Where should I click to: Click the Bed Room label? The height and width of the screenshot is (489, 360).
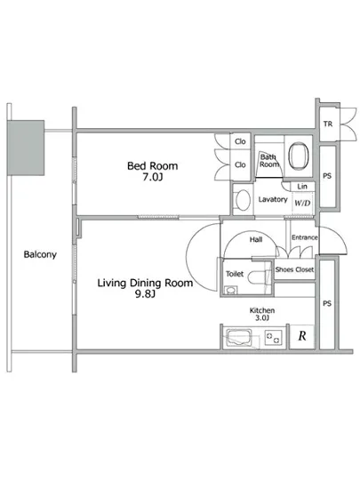152,165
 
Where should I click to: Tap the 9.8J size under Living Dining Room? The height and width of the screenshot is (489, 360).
145,293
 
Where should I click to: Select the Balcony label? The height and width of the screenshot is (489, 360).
40,254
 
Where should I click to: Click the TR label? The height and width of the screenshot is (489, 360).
328,124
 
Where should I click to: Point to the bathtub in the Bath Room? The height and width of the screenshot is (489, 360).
299,156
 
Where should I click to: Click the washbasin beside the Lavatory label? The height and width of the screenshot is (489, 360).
243,199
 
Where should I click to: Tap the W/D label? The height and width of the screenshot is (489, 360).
302,204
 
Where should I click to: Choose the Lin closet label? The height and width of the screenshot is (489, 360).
302,187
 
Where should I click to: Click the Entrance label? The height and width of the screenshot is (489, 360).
305,237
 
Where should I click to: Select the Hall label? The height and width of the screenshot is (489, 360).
256,239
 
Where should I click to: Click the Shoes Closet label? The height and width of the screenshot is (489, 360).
294,269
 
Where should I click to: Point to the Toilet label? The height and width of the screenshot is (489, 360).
235,274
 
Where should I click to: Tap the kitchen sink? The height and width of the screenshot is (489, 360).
239,338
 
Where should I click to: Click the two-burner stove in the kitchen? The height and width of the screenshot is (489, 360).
274,338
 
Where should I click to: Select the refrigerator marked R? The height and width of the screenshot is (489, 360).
301,336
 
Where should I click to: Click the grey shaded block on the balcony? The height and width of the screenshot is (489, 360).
26,148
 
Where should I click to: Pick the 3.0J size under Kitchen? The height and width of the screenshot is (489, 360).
262,318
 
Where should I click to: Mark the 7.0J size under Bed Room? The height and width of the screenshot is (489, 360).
153,177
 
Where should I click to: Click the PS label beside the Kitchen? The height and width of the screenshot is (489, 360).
327,303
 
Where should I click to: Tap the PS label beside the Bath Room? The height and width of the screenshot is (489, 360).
327,176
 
